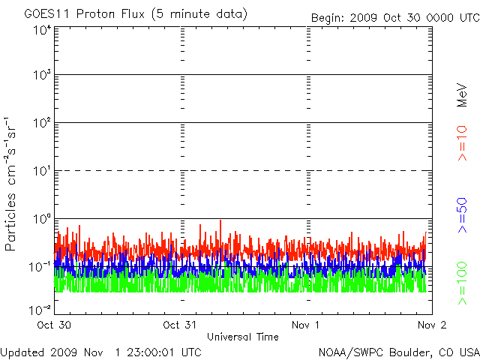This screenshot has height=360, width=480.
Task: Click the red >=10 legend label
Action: pos(462,143)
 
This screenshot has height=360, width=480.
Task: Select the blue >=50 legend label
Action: pos(462,214)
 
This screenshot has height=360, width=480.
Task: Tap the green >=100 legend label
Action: pos(462,283)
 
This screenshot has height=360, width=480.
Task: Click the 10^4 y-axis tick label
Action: pos(41,29)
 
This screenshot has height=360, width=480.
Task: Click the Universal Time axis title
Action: pos(243,337)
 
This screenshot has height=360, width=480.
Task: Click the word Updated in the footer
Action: pos(22,352)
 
